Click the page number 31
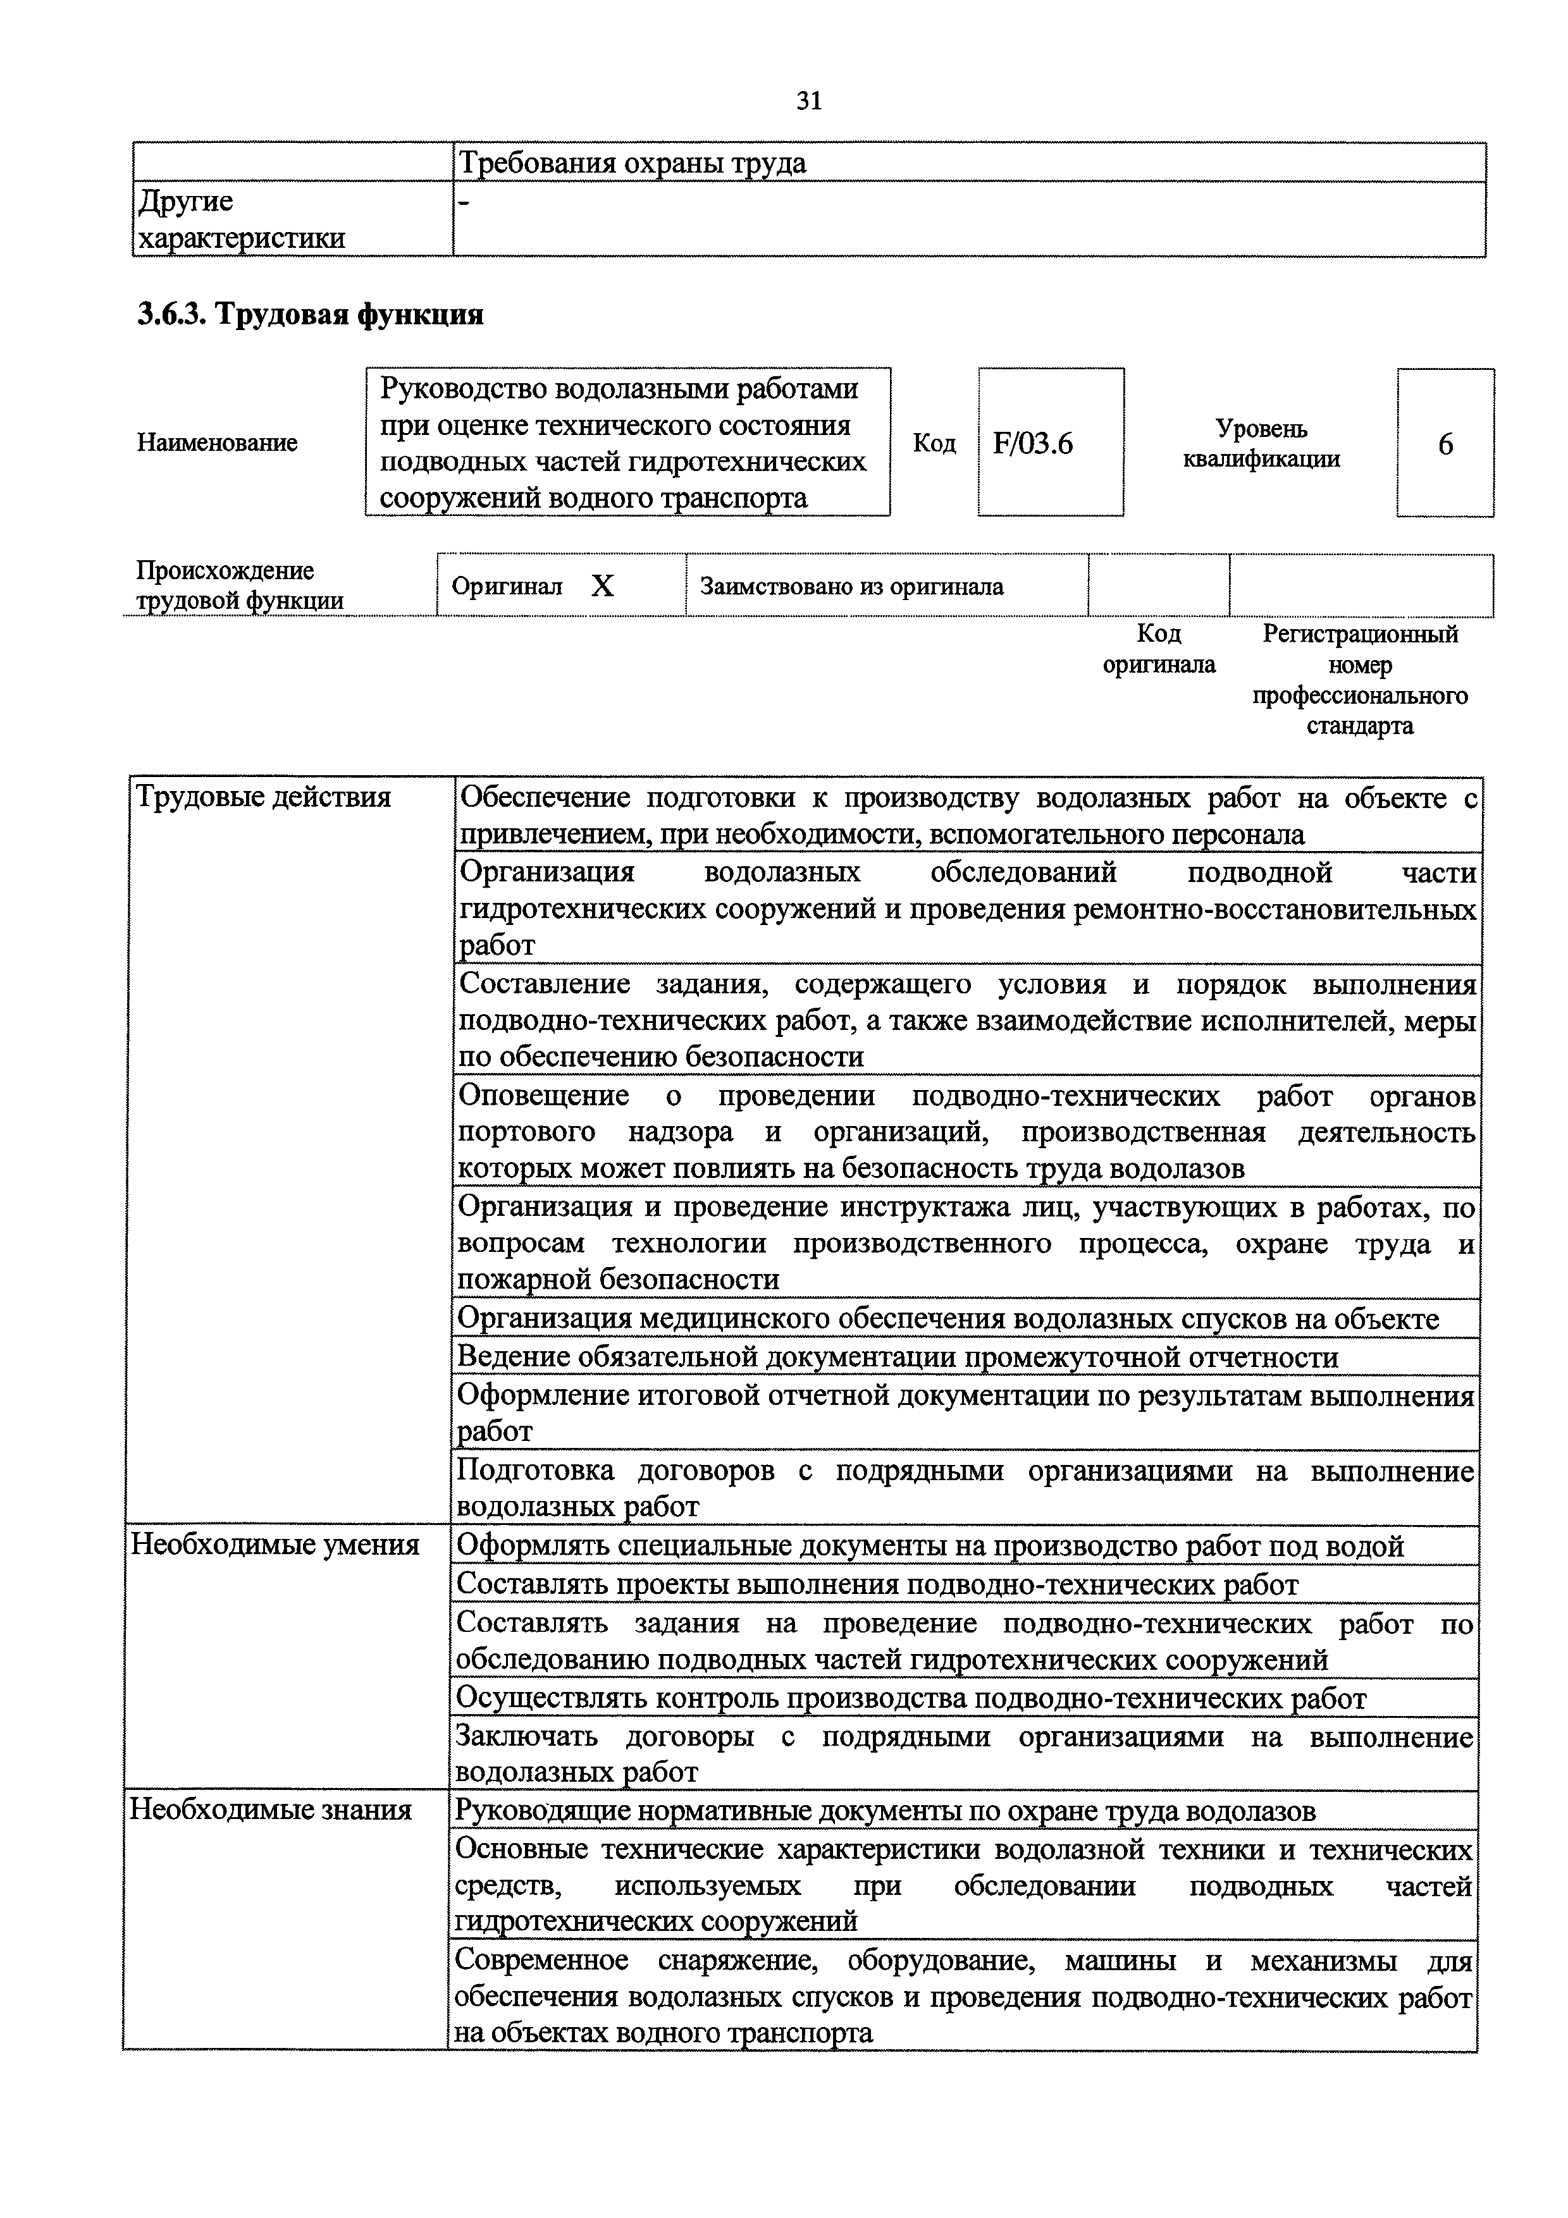[x=808, y=101]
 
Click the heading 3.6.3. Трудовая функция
[x=310, y=315]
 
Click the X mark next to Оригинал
[x=602, y=585]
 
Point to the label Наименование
[x=218, y=443]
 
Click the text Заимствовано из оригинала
[x=851, y=586]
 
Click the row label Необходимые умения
[x=275, y=1545]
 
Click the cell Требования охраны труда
[x=632, y=163]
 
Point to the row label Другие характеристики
[x=240, y=219]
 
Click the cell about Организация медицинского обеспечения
[x=947, y=1319]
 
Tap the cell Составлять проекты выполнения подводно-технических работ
[x=876, y=1584]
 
